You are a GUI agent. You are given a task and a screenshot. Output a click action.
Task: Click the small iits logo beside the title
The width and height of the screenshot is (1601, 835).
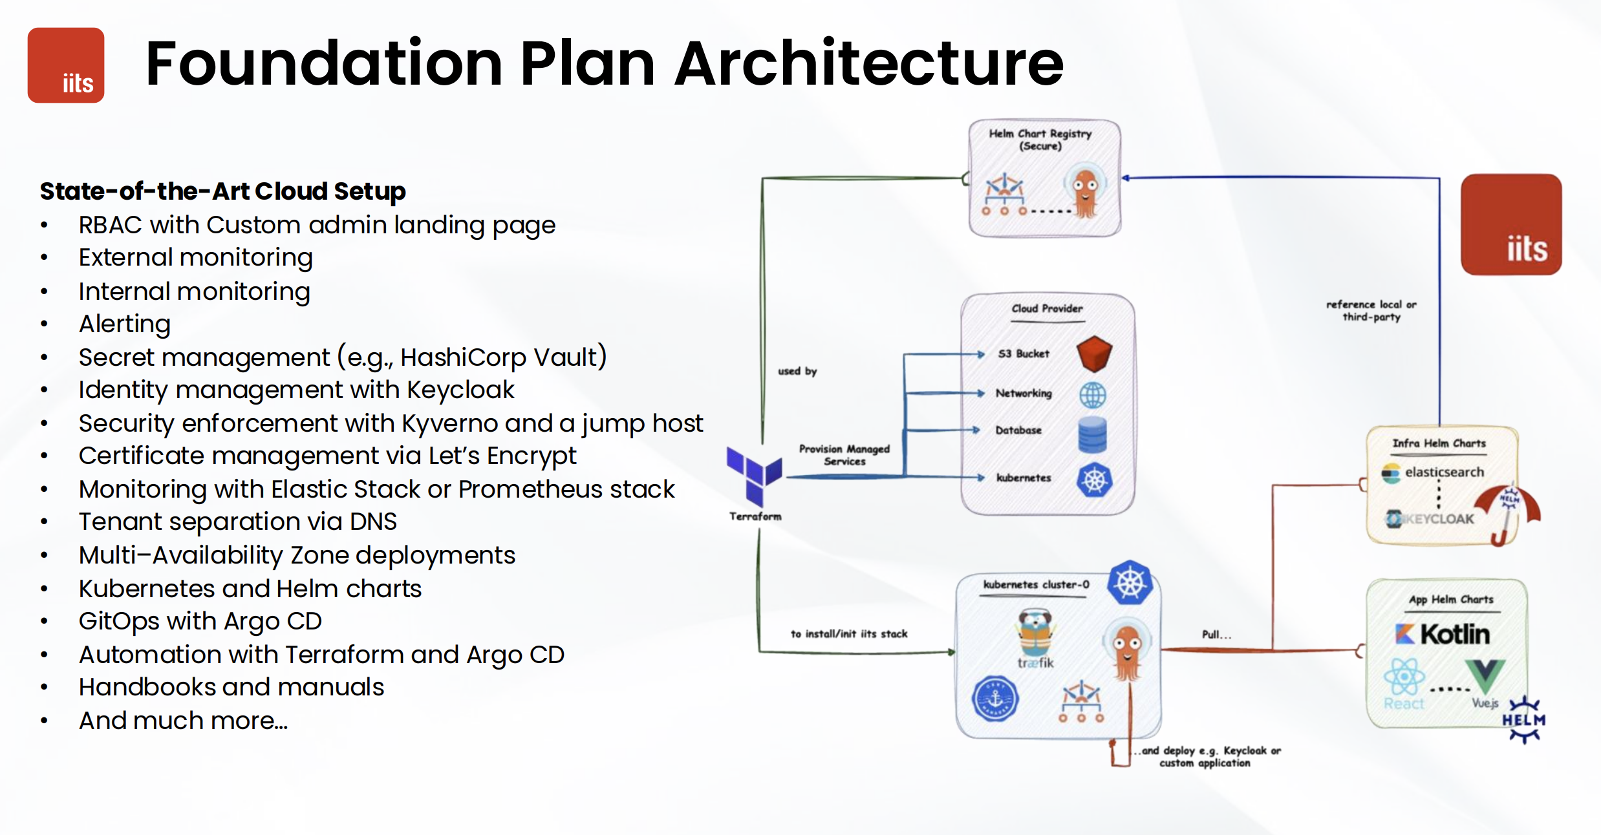pos(66,65)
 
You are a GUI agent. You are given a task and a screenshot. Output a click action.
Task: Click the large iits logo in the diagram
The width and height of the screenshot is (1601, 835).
pos(1511,224)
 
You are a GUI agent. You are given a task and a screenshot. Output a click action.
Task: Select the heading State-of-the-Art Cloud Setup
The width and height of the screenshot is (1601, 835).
pos(222,191)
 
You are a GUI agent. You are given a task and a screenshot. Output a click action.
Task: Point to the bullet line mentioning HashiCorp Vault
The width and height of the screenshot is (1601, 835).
pos(343,357)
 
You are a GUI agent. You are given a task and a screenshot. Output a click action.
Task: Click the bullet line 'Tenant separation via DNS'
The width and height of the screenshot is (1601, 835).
pos(237,522)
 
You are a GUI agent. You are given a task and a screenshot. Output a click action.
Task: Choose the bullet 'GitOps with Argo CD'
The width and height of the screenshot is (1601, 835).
pos(200,621)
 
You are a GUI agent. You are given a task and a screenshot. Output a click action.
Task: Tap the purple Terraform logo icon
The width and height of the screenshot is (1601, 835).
pos(754,476)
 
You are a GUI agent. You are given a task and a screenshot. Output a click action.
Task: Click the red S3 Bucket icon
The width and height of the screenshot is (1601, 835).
pos(1094,354)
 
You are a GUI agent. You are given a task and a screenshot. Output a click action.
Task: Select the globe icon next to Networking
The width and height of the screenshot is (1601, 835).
pos(1093,394)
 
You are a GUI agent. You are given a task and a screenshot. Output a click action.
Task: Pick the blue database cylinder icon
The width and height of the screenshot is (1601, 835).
pos(1093,434)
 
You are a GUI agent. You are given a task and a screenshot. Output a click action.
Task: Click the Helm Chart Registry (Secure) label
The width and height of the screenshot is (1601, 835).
pos(1040,140)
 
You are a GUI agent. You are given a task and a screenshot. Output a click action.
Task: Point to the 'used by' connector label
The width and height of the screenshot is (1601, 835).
pos(797,371)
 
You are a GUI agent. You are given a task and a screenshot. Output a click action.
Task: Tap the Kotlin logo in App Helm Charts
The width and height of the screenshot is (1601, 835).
pos(1443,634)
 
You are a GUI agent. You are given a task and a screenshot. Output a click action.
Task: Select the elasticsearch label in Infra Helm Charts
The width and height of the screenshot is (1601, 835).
pos(1443,472)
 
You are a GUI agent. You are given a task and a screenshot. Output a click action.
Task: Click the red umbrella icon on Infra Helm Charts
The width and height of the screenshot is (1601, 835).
pos(1508,510)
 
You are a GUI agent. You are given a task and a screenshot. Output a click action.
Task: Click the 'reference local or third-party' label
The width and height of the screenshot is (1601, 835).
pos(1371,311)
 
